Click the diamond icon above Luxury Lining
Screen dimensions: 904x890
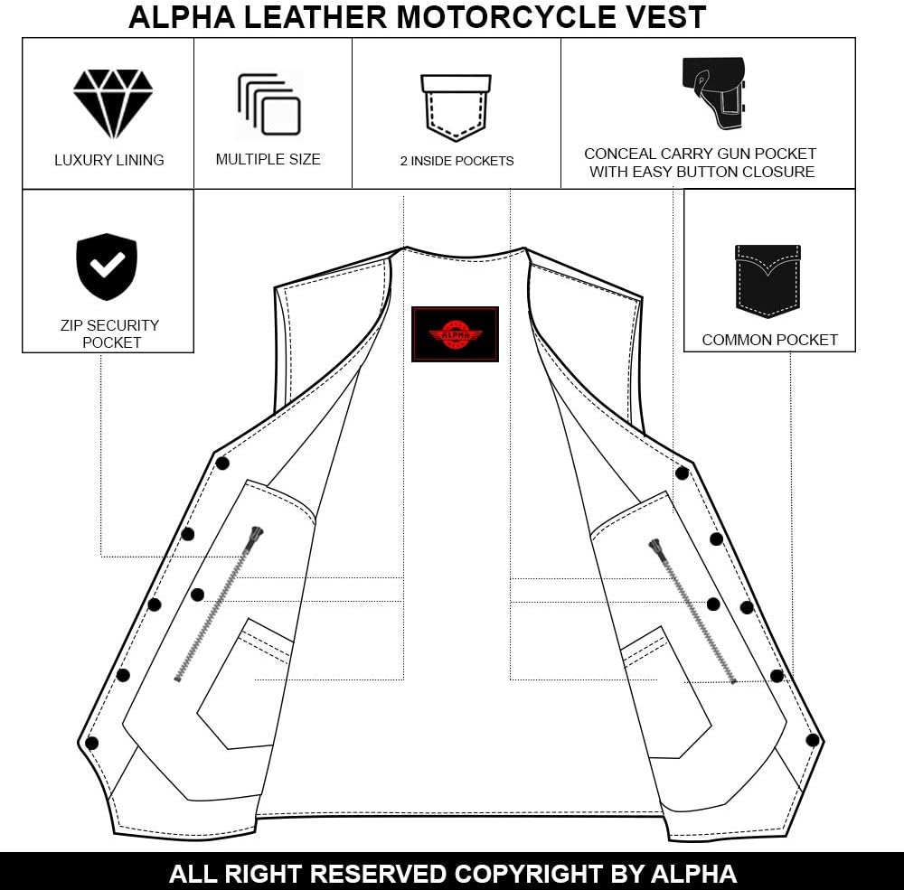113,104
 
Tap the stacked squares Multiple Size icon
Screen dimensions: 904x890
269,105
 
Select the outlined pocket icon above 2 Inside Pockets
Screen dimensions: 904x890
456,108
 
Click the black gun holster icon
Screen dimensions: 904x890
714,93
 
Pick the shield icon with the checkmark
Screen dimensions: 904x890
107,267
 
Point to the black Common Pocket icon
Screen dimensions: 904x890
767,281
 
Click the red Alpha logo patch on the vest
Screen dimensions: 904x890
455,334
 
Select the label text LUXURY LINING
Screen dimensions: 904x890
109,160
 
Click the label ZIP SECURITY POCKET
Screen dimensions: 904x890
110,333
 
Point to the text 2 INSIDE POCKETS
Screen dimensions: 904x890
457,161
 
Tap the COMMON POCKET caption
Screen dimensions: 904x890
769,340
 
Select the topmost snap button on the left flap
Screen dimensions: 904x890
222,463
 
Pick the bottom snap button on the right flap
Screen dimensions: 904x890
813,740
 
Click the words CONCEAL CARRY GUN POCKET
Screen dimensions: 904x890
701,154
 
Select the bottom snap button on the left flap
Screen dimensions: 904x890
91,743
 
